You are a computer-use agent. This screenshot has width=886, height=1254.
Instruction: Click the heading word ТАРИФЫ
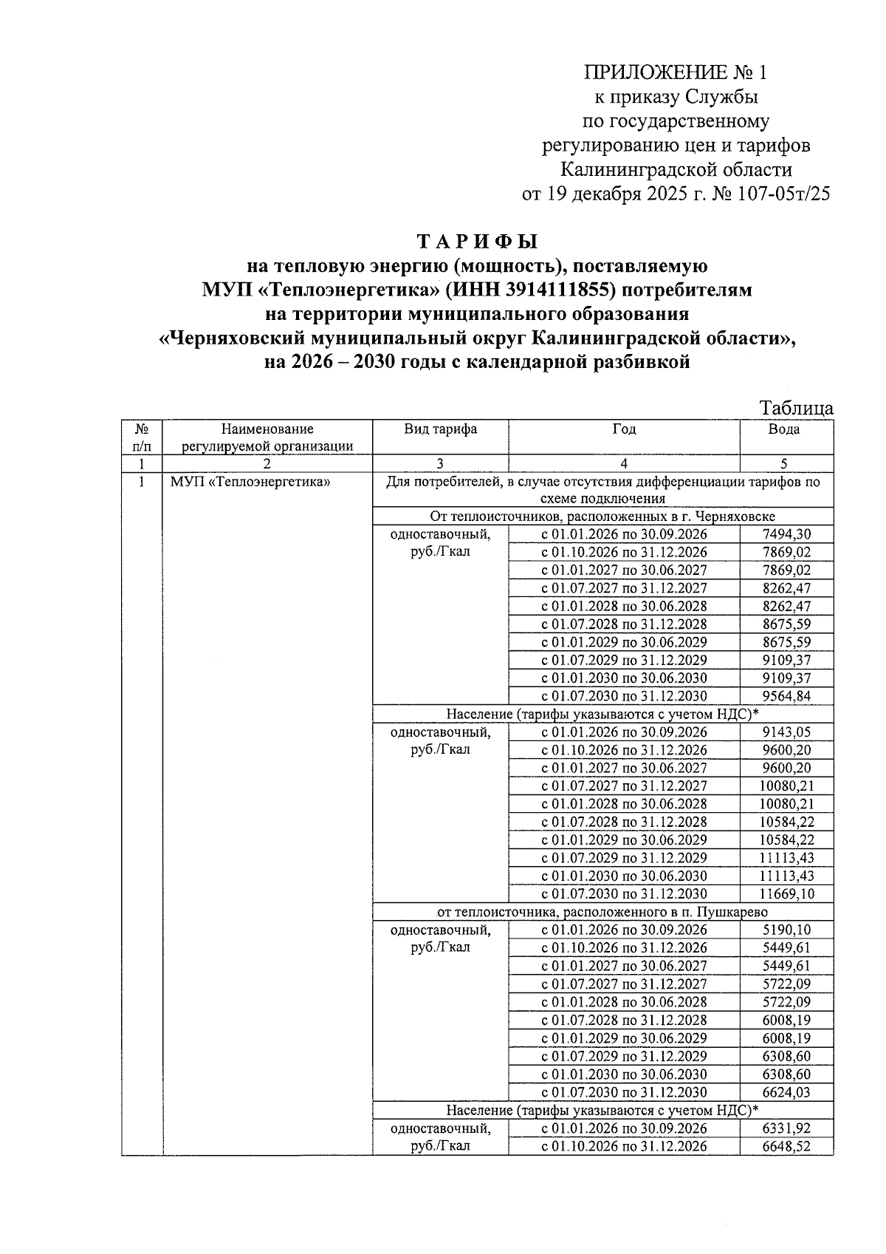pyautogui.click(x=478, y=242)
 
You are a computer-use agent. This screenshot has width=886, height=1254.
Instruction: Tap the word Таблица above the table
pyautogui.click(x=797, y=408)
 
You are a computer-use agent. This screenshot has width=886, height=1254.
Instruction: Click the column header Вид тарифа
pyautogui.click(x=440, y=429)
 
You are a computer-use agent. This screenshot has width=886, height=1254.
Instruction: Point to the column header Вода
pyautogui.click(x=783, y=429)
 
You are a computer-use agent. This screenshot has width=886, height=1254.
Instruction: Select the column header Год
pyautogui.click(x=624, y=429)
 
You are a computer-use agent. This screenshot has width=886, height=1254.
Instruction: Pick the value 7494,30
pyautogui.click(x=786, y=534)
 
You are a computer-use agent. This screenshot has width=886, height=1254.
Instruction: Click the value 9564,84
pyautogui.click(x=786, y=696)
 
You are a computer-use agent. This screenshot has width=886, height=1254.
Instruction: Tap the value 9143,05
pyautogui.click(x=786, y=732)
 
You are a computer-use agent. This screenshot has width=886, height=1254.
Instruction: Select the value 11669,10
pyautogui.click(x=785, y=894)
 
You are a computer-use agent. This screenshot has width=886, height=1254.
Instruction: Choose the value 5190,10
pyautogui.click(x=786, y=930)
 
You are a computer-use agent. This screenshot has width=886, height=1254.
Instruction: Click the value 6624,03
pyautogui.click(x=786, y=1092)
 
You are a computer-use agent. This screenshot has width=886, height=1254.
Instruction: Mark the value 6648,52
pyautogui.click(x=786, y=1146)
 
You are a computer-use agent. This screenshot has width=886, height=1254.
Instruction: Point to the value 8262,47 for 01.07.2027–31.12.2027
pyautogui.click(x=786, y=588)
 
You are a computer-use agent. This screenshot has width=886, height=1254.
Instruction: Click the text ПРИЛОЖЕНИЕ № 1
pyautogui.click(x=676, y=72)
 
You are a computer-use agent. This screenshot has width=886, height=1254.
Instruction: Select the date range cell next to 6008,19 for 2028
pyautogui.click(x=624, y=1020)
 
